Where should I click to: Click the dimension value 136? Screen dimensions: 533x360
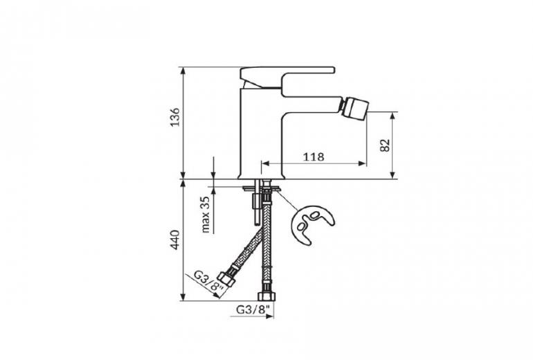click(x=175, y=117)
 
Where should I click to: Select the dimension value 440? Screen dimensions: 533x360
click(x=175, y=240)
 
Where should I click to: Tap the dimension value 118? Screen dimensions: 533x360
click(x=314, y=157)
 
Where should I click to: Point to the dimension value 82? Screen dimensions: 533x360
click(x=385, y=145)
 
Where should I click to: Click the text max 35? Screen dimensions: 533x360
click(x=206, y=215)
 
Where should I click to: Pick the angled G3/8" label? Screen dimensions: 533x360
click(x=209, y=281)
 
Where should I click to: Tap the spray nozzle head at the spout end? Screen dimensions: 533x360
click(x=354, y=107)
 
